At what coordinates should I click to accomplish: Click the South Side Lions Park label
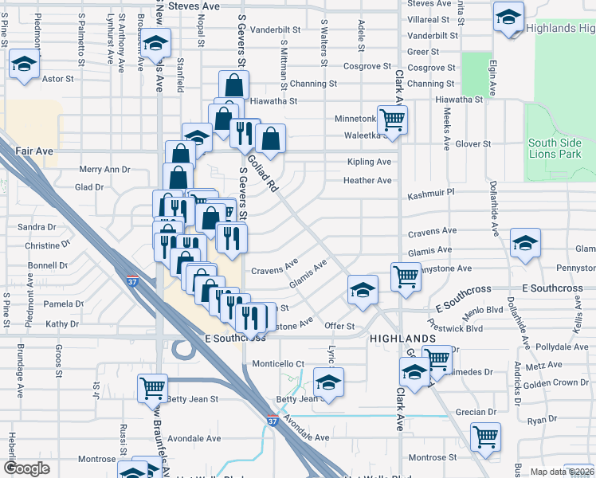click(x=554, y=148)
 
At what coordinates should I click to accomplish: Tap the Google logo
click(x=26, y=468)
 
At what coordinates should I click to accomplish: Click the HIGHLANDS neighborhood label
click(x=402, y=339)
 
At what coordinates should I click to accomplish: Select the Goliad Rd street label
click(x=262, y=173)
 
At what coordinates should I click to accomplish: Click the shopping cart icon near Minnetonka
click(x=392, y=120)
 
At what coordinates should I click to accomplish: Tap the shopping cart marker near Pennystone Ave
click(x=406, y=276)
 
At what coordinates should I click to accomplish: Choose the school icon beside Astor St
click(x=25, y=65)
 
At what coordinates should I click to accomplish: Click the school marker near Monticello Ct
click(x=328, y=380)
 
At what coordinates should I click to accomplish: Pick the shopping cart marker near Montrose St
click(x=485, y=436)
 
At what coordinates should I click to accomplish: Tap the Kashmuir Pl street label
click(x=429, y=193)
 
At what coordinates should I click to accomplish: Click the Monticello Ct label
click(x=279, y=363)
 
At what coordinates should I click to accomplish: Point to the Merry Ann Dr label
click(x=104, y=169)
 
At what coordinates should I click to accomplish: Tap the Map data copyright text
click(x=563, y=472)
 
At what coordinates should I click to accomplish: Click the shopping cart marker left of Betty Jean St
click(x=152, y=388)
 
